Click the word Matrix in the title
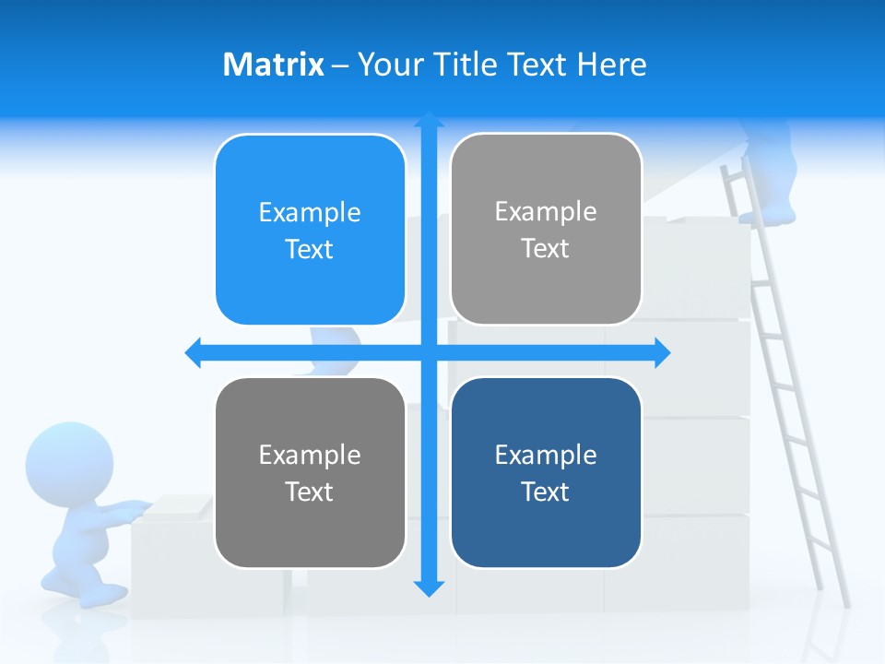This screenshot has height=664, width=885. [273, 65]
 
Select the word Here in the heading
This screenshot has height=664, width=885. [611, 65]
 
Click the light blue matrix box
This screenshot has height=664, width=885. [310, 230]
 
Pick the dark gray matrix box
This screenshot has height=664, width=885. [310, 472]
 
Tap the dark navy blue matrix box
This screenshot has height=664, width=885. [546, 472]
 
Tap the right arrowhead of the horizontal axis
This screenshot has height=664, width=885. [662, 352]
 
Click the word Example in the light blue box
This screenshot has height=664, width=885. [310, 212]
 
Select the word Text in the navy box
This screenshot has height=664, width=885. [546, 492]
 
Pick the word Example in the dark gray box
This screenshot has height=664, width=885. [310, 455]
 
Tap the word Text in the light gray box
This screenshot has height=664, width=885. [546, 248]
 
